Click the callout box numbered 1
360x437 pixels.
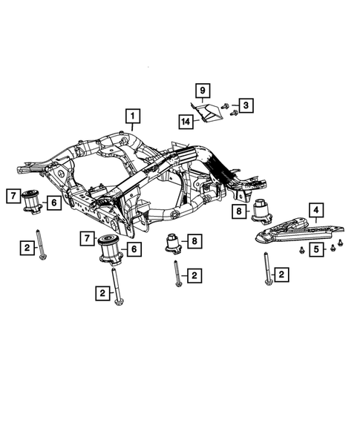click(x=131, y=116)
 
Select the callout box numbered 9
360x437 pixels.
click(x=201, y=91)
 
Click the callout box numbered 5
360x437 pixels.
click(x=316, y=249)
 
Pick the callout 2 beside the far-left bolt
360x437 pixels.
click(x=26, y=248)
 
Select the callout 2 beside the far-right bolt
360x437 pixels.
click(x=283, y=275)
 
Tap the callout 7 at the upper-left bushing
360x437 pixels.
click(x=13, y=196)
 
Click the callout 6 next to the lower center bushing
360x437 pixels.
click(x=134, y=249)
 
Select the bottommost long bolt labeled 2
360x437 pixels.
click(x=117, y=286)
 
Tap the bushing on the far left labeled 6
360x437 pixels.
click(x=31, y=201)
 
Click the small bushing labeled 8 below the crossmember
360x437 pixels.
click(x=172, y=243)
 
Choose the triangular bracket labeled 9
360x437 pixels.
click(x=209, y=114)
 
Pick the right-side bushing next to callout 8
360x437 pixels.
click(x=261, y=211)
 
